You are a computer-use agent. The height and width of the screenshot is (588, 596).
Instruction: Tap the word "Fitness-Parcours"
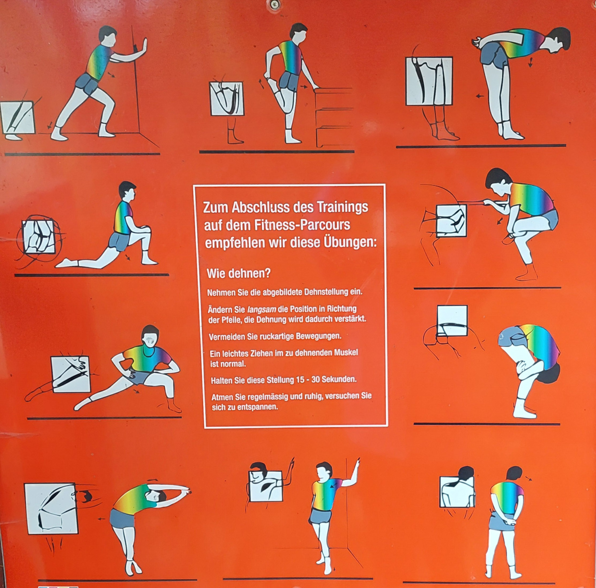click(302, 225)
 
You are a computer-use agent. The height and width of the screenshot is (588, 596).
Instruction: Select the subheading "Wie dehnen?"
click(238, 273)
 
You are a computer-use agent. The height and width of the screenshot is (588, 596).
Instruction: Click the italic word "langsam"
click(261, 309)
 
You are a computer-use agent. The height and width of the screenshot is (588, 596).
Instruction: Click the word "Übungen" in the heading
click(350, 242)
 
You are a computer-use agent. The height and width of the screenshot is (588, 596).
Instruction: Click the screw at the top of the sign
click(274, 4)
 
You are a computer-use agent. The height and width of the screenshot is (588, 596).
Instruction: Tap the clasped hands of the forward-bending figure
click(478, 42)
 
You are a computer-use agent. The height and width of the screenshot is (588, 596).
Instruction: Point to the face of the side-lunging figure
click(150, 341)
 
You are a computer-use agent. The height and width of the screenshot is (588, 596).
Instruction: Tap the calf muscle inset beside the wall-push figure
click(18, 118)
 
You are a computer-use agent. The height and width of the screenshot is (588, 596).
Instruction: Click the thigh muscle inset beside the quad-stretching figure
click(227, 98)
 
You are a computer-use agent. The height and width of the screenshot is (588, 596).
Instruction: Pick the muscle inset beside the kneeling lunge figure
click(39, 237)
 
